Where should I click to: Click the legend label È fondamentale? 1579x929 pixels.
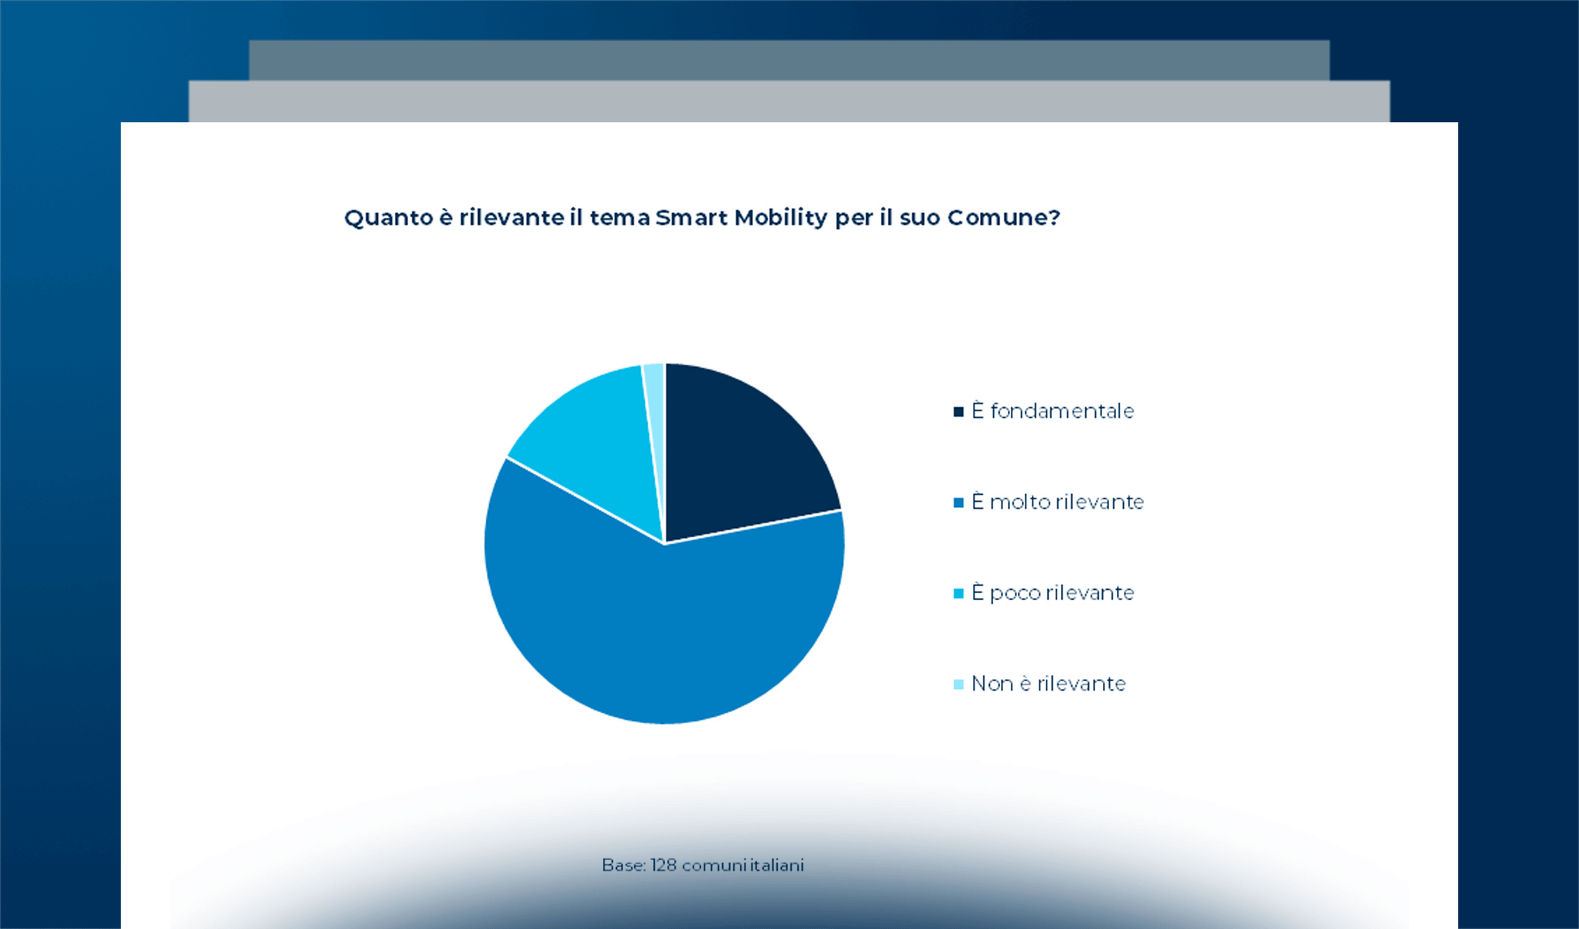coord(1053,410)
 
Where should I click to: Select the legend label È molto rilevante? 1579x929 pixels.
coord(1057,502)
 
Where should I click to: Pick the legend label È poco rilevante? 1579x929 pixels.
coord(1053,592)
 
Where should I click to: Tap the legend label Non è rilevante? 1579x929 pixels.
coord(1049,684)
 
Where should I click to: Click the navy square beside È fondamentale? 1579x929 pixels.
coord(958,412)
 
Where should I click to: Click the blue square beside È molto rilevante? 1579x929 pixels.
coord(958,502)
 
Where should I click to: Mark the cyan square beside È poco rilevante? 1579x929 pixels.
coord(958,594)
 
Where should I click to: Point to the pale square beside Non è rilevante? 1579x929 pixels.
coord(958,684)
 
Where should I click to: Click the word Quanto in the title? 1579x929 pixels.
coord(389,218)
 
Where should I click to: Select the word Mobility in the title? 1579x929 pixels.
coord(781,218)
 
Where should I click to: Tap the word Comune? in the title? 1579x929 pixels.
coord(1004,218)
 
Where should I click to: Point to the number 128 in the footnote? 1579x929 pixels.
coord(663,865)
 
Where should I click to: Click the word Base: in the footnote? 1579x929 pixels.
coord(624,865)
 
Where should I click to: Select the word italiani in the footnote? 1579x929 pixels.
coord(777,865)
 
